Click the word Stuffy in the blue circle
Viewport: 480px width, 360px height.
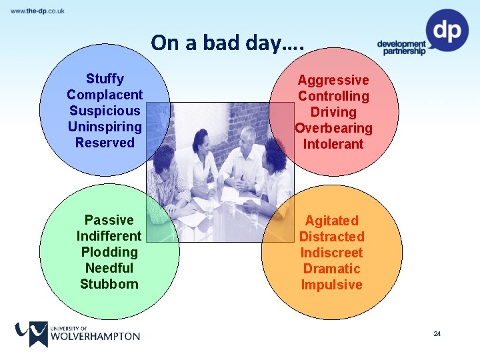point(105,79)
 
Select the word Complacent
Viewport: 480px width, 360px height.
point(105,95)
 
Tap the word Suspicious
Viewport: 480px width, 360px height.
point(105,111)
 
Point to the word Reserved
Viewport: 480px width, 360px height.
point(105,143)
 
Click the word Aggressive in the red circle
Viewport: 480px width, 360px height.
point(333,81)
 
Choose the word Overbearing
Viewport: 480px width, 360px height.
point(333,129)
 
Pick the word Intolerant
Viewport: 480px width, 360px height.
point(333,145)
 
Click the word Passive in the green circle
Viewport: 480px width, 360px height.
point(109,221)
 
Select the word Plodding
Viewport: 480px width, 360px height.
point(109,253)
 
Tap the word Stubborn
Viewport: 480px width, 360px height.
point(109,285)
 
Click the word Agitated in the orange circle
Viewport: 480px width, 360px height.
point(331,221)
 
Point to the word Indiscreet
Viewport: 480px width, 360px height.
point(331,253)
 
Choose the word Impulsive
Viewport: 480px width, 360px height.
point(331,285)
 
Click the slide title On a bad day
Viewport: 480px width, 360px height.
point(227,43)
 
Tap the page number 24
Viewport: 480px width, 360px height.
point(437,333)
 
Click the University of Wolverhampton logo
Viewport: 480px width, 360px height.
point(77,333)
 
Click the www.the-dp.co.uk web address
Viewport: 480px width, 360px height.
point(37,11)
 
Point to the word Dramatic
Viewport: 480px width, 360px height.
point(331,269)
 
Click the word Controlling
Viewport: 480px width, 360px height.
point(333,97)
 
